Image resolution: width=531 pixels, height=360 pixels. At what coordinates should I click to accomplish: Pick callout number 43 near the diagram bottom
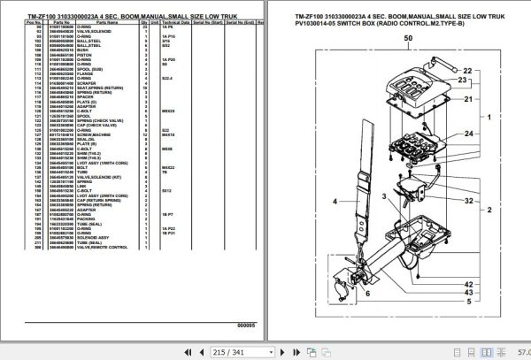484,293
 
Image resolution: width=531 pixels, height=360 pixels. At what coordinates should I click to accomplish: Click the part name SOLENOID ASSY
100,237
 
